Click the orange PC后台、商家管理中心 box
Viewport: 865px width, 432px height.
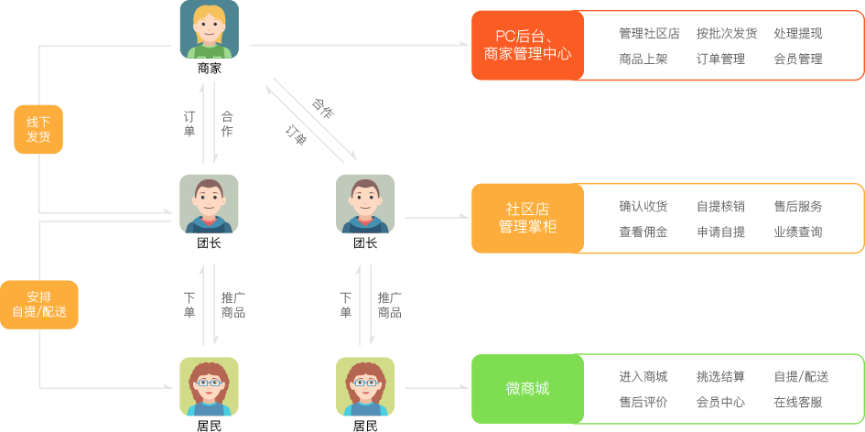coord(527,45)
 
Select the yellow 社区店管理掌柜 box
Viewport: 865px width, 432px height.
coord(527,218)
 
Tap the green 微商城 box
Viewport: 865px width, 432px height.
coord(527,389)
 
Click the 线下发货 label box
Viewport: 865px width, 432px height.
coord(38,129)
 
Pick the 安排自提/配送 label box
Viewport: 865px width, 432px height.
coord(38,304)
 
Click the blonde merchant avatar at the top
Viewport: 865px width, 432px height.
coord(210,29)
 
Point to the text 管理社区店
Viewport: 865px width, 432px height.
coord(649,34)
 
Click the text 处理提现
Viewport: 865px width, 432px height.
coord(797,34)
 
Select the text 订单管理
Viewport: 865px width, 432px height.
coord(720,59)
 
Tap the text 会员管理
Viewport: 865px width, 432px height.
coord(797,59)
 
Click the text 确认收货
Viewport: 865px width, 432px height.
coord(643,207)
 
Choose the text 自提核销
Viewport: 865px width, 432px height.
coord(720,207)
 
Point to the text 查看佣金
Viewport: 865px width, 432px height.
coord(643,232)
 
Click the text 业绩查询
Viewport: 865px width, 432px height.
coord(797,232)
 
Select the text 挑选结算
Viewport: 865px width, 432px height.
coord(720,377)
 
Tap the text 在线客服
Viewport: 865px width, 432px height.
coord(797,403)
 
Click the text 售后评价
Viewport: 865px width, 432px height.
coord(643,403)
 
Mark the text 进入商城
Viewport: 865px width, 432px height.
coord(643,377)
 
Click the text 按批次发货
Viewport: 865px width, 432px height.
coord(726,34)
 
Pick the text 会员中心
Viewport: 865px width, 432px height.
coord(720,403)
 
